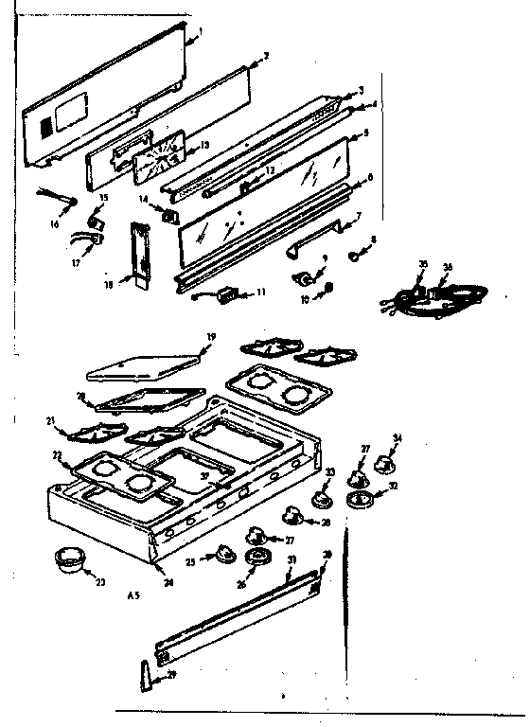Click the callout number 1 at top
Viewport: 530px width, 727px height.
[201, 30]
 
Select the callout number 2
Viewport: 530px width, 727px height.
[267, 56]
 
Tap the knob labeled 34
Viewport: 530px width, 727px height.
[386, 465]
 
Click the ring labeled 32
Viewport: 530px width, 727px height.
[360, 500]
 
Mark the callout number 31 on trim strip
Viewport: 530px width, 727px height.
[292, 560]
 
